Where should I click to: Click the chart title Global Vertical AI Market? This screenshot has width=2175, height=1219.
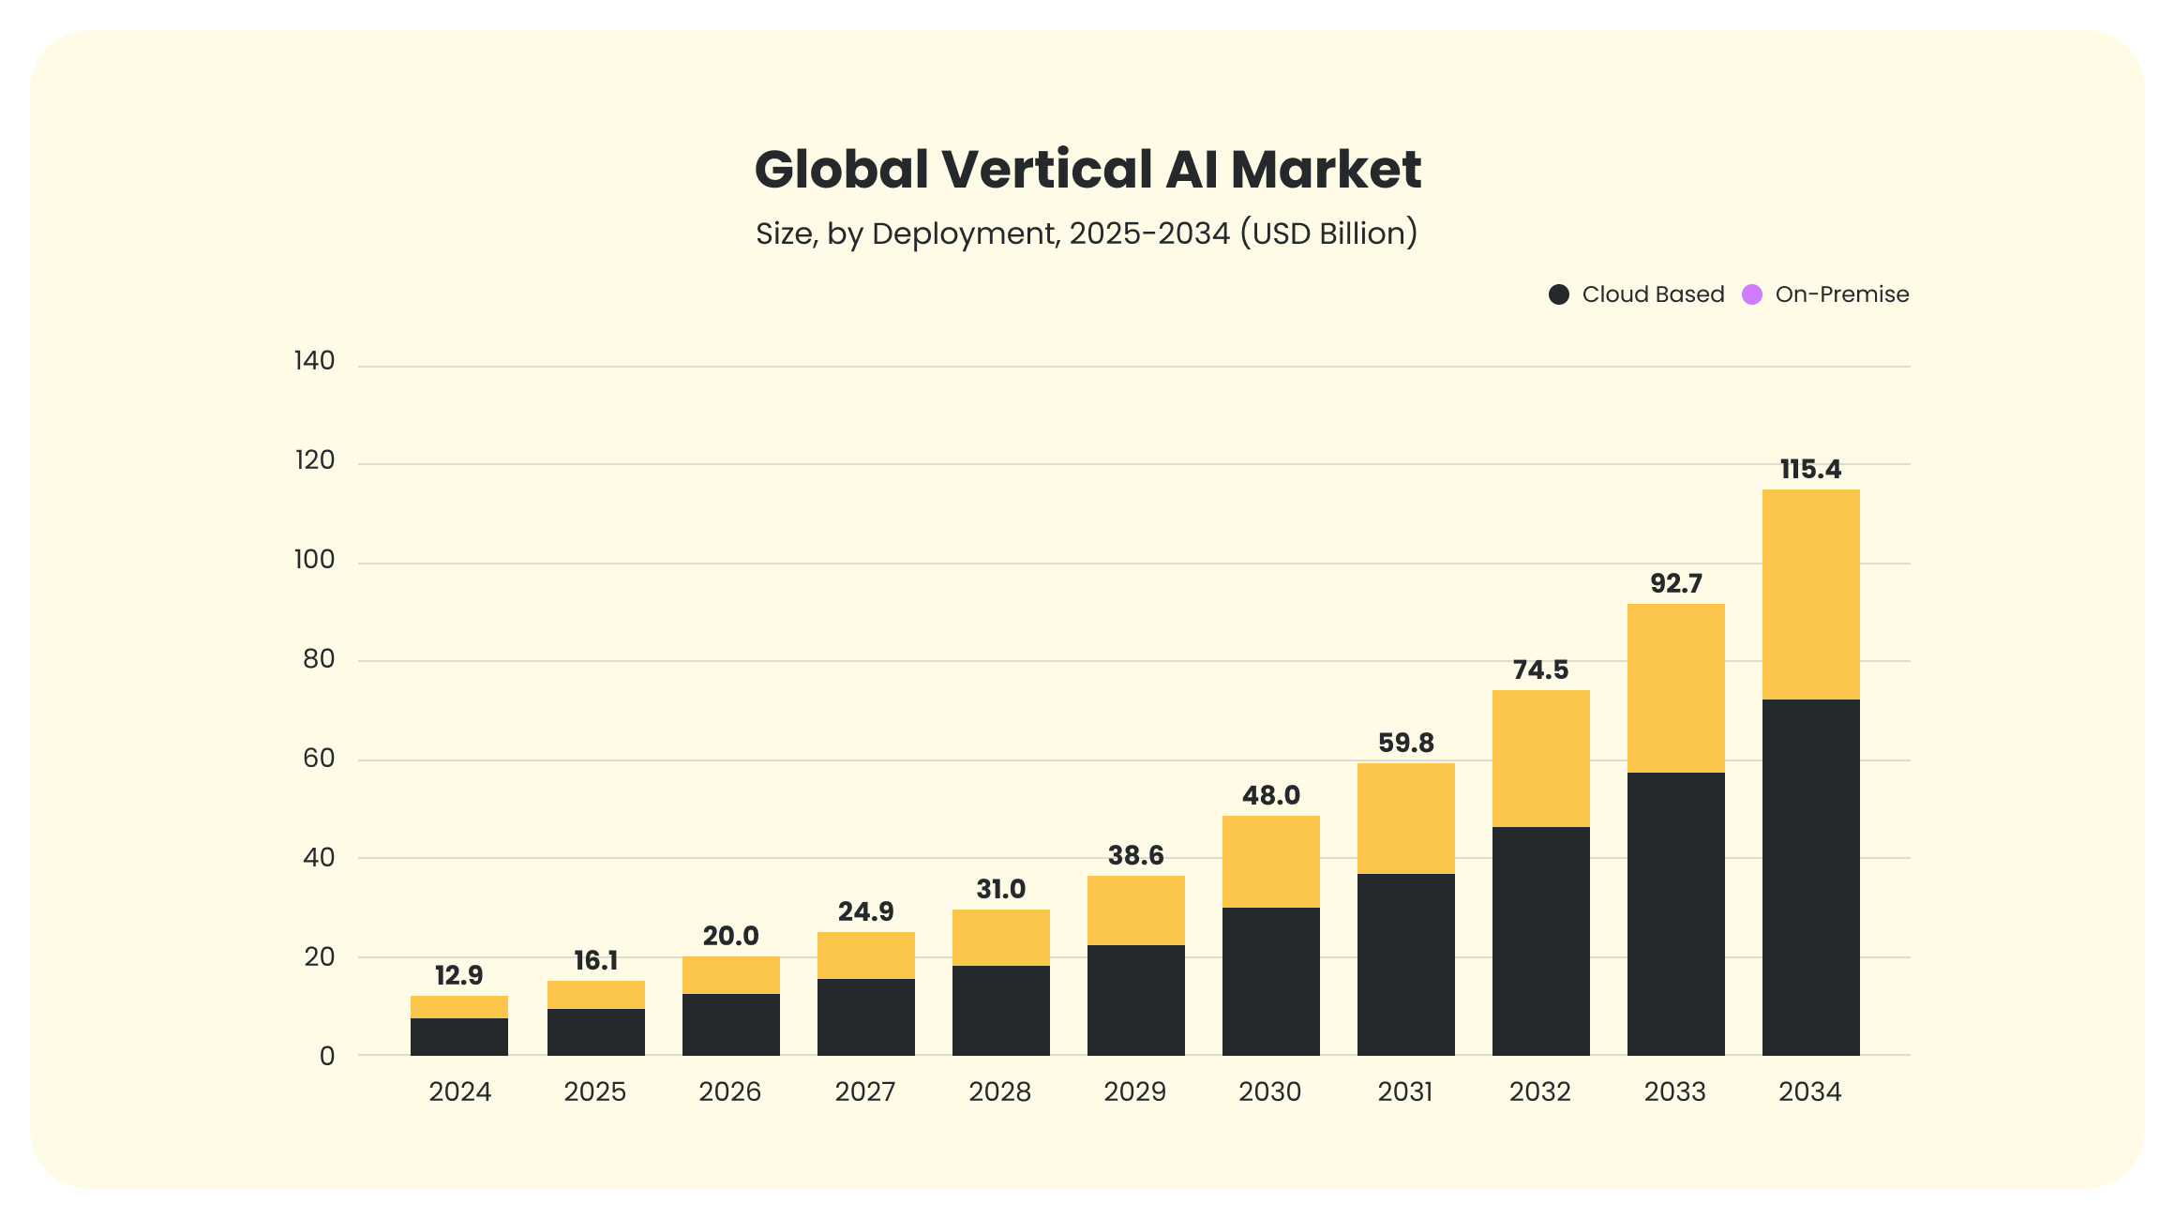pyautogui.click(x=1087, y=170)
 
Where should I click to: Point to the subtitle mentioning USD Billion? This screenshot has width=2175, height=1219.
pyautogui.click(x=1087, y=233)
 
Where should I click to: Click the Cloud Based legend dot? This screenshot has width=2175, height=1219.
pyautogui.click(x=1559, y=294)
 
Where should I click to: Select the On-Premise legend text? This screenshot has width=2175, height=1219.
pyautogui.click(x=1841, y=294)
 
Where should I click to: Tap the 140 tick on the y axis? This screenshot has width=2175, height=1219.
pyautogui.click(x=314, y=361)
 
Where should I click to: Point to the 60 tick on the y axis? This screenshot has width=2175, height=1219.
pyautogui.click(x=319, y=759)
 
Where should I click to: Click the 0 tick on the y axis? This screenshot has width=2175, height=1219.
pyautogui.click(x=327, y=1057)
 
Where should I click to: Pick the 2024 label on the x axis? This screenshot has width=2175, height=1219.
pyautogui.click(x=459, y=1091)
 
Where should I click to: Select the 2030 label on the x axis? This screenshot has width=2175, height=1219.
pyautogui.click(x=1269, y=1091)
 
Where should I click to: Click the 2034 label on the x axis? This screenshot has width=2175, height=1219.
pyautogui.click(x=1809, y=1091)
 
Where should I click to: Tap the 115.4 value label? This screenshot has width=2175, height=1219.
pyautogui.click(x=1810, y=469)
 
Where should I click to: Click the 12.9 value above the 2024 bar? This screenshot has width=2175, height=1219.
pyautogui.click(x=459, y=975)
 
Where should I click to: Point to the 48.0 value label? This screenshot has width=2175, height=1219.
pyautogui.click(x=1270, y=795)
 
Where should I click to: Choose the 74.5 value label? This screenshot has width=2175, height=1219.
pyautogui.click(x=1540, y=670)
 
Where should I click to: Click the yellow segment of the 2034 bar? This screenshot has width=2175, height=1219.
pyautogui.click(x=1810, y=594)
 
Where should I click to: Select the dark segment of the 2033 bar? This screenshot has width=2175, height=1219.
pyautogui.click(x=1675, y=914)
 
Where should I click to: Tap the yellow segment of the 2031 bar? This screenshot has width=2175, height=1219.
pyautogui.click(x=1405, y=819)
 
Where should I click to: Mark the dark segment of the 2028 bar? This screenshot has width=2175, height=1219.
pyautogui.click(x=1000, y=1011)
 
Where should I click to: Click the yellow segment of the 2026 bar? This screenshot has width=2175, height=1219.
pyautogui.click(x=730, y=975)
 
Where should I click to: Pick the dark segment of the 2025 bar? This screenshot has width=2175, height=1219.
pyautogui.click(x=595, y=1032)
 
